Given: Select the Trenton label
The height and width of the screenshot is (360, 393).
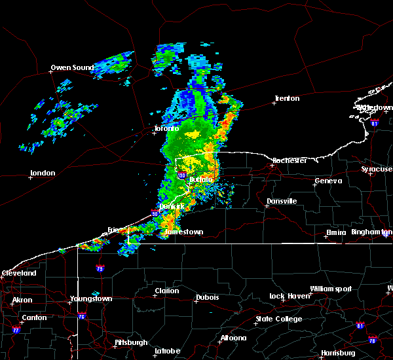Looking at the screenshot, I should [x=287, y=98].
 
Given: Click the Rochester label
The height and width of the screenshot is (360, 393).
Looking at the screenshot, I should [x=290, y=160].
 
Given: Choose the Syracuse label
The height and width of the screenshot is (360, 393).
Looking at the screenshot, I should [x=377, y=169].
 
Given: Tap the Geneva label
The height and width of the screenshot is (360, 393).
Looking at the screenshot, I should [x=328, y=181].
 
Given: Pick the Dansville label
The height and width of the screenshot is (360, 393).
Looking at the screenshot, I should [x=282, y=201].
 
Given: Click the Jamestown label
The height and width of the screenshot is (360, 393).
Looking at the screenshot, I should [x=183, y=232].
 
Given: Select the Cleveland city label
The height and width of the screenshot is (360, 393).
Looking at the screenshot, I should [x=18, y=272].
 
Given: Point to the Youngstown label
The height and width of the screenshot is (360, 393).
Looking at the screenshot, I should [x=91, y=298].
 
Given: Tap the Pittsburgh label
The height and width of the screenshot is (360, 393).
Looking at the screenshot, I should [x=131, y=342].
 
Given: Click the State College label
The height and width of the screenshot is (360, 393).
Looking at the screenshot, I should [x=279, y=319].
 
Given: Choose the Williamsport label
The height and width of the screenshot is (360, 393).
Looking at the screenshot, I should [x=331, y=289].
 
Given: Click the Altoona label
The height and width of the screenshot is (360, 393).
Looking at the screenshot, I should [x=233, y=338].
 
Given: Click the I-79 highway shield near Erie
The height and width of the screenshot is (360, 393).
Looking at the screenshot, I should [x=100, y=268].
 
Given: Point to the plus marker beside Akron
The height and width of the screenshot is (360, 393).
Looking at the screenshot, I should [x=12, y=303].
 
